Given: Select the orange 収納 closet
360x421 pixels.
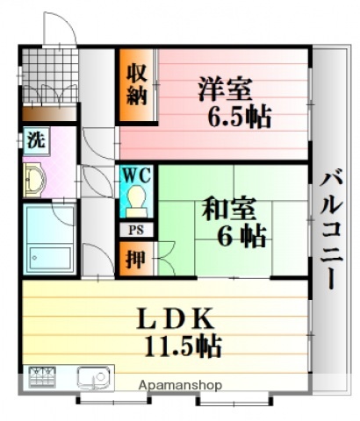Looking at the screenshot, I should (136, 85).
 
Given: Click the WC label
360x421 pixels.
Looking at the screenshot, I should (136, 175).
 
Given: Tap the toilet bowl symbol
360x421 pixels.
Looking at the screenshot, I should (136, 203).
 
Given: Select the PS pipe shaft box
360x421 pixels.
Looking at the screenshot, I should (135, 230).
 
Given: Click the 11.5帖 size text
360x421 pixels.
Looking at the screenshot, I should (183, 346).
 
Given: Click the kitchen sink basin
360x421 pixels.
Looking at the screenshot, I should (91, 379).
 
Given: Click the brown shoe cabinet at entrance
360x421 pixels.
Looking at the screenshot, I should (49, 114).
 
